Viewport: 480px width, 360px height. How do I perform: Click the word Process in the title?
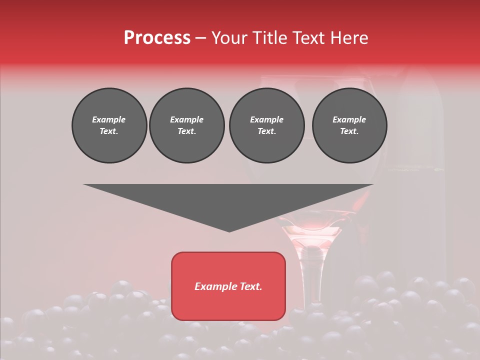[x=157, y=38]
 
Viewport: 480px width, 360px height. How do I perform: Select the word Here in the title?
[x=348, y=38]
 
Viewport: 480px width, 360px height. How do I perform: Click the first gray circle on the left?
[x=109, y=125]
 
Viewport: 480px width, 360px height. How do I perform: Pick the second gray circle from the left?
[x=186, y=125]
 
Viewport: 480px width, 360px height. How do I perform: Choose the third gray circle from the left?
[x=266, y=125]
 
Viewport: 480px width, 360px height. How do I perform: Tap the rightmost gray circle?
[x=349, y=125]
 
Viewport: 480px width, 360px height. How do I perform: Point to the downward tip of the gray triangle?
[x=229, y=230]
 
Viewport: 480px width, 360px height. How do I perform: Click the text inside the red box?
[x=228, y=286]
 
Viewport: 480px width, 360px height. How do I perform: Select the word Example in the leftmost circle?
[x=109, y=119]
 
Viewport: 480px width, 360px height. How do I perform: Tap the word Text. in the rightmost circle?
[x=349, y=131]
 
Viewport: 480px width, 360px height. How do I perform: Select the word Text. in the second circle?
[x=186, y=131]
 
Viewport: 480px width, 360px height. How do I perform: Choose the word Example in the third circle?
[x=266, y=119]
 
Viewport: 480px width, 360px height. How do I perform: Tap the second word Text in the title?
[x=309, y=38]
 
